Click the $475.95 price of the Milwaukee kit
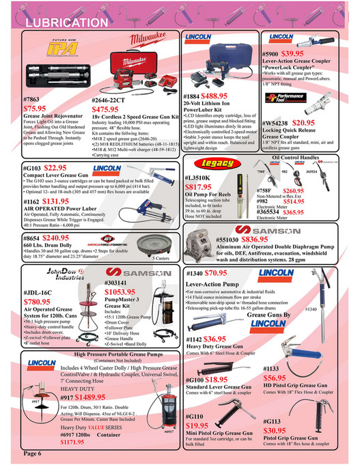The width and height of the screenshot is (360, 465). point(109,108)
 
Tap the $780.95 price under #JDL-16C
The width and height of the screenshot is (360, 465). point(40,301)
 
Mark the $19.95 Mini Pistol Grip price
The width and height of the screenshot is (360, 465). point(200,425)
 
